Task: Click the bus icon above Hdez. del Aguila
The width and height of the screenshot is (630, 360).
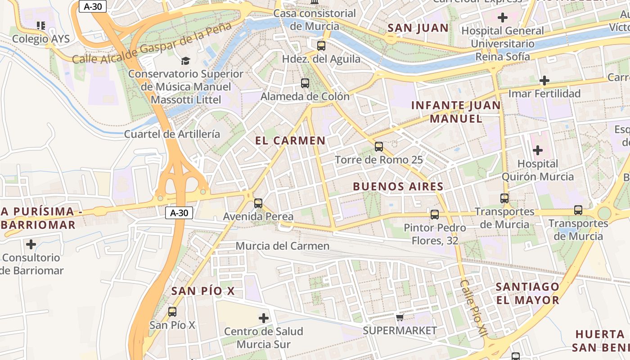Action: coord(321,45)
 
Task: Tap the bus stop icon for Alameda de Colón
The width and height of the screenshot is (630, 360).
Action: coord(305,83)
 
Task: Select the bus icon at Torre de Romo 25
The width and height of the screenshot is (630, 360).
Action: coord(379,146)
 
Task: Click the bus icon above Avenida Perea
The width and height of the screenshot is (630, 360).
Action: coord(258,203)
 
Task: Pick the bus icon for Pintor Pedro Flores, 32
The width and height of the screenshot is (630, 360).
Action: coord(435,214)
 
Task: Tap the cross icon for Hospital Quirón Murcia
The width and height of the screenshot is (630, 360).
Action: coord(537,150)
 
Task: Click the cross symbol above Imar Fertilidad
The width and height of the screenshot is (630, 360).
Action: coord(544,81)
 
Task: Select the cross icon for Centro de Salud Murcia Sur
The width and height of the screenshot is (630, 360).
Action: coord(264,318)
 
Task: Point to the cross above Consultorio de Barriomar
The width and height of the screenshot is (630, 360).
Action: coord(31,244)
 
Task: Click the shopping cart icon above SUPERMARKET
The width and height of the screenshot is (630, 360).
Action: coord(400,318)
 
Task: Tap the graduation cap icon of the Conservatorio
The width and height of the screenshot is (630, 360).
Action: coord(185,61)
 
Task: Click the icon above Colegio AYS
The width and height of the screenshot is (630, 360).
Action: coord(41,26)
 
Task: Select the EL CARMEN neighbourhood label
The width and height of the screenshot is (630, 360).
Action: coord(290,140)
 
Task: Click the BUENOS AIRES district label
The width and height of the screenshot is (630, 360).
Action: coord(398,186)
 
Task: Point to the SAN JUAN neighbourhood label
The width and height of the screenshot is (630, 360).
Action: coord(418,28)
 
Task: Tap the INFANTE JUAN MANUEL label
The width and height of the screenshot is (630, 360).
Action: coord(455,112)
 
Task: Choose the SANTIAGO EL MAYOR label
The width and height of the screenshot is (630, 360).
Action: coord(527,293)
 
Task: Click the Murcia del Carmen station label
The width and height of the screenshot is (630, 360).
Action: coord(283,246)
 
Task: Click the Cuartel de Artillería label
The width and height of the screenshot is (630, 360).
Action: coord(172,134)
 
